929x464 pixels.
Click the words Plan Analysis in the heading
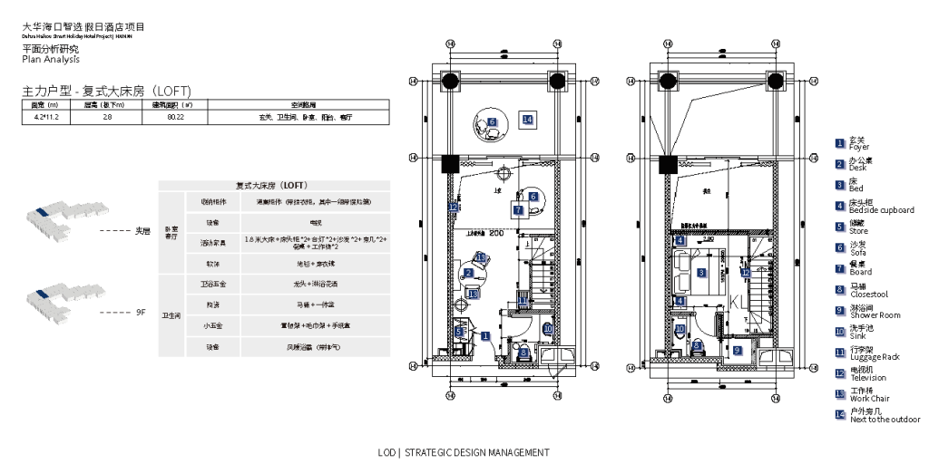click(x=51, y=60)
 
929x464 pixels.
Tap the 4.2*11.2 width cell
click(x=46, y=117)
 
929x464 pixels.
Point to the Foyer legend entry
click(x=858, y=144)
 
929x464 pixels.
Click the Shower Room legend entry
click(x=875, y=313)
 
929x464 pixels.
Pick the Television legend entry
click(x=868, y=375)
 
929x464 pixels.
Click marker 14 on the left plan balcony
click(x=527, y=120)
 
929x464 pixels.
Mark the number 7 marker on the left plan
click(x=518, y=210)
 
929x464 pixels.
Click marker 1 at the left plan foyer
click(x=486, y=335)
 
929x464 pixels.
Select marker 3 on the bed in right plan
click(x=701, y=272)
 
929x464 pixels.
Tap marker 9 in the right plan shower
click(x=738, y=350)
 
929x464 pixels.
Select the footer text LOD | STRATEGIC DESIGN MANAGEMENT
click(x=464, y=451)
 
